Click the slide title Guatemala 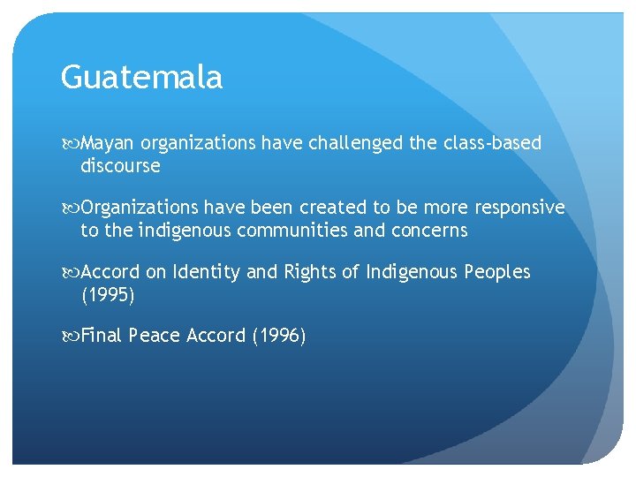point(141,79)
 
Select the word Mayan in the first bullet point(108,143)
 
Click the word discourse point(120,165)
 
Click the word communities point(275,231)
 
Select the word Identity point(205,272)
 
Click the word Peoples point(496,272)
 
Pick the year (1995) point(108,295)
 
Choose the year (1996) point(278,337)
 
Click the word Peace point(155,337)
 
